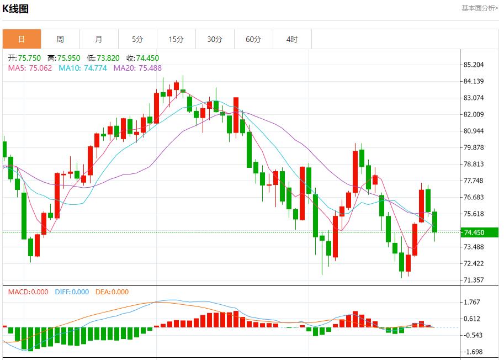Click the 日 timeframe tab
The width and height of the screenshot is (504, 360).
22,39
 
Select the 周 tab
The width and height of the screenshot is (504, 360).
60,39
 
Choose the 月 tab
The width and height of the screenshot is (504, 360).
99,39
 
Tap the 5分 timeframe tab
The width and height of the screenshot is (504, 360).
137,39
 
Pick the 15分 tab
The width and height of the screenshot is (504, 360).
176,39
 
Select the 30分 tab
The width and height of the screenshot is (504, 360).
215,39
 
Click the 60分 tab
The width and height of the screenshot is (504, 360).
253,39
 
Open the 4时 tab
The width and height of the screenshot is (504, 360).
292,39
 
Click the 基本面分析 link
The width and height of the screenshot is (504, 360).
480,8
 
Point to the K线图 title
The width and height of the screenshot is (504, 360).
15,9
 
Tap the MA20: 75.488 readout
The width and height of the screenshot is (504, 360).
137,68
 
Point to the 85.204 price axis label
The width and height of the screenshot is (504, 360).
474,65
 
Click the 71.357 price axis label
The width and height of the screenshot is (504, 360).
474,280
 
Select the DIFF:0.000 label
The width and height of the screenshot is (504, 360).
72,292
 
